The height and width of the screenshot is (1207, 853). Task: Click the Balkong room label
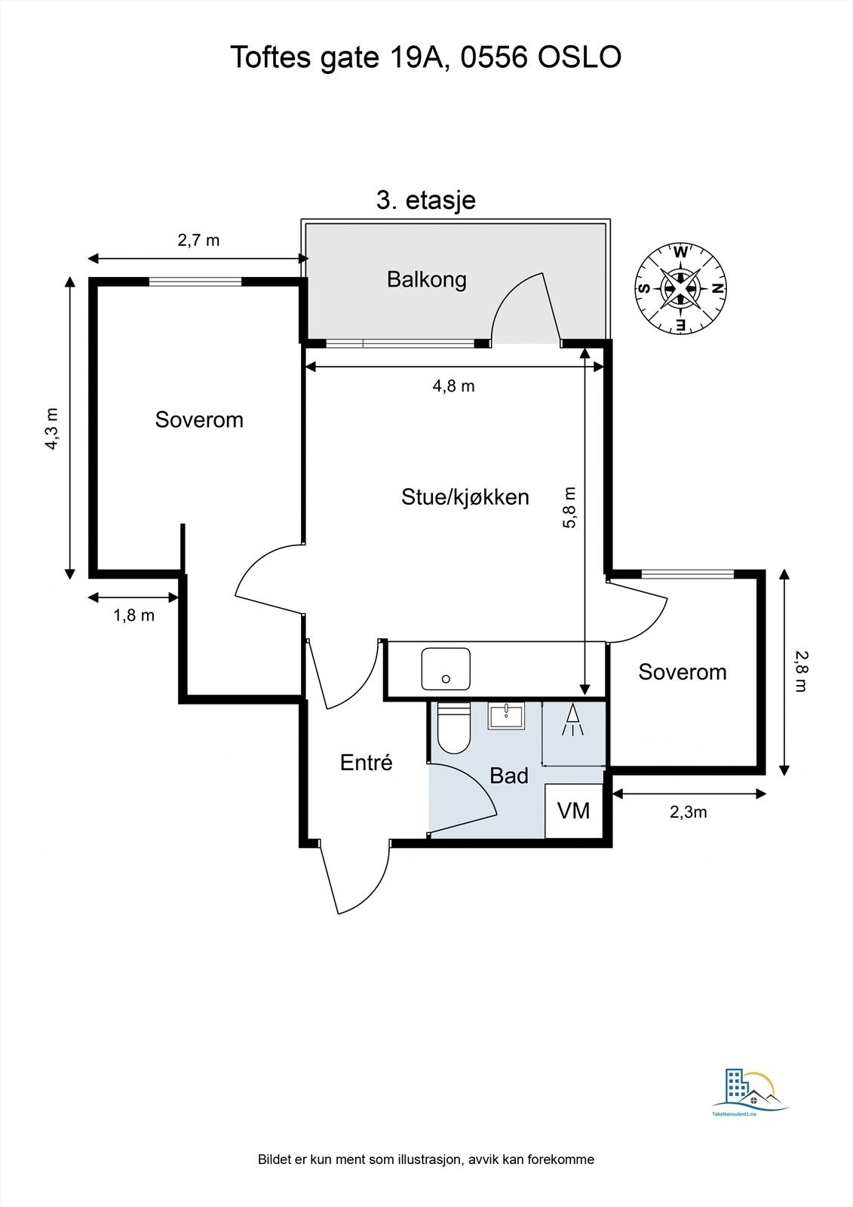[426, 279]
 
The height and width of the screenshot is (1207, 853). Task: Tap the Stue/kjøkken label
[465, 496]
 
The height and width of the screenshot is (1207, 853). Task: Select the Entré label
[366, 762]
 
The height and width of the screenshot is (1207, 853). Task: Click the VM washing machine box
[574, 811]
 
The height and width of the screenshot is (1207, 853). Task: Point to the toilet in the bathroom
[453, 728]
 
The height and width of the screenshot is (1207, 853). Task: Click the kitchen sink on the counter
[445, 668]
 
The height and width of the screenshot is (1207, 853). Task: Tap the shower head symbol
[572, 720]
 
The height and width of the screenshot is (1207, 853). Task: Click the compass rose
[680, 287]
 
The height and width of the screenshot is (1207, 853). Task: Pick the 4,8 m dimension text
[453, 386]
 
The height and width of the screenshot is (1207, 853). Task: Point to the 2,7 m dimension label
[198, 241]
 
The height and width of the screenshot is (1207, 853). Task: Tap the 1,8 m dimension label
[133, 616]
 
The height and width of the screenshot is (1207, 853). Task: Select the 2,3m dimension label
[688, 812]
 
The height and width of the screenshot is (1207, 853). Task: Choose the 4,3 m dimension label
[51, 429]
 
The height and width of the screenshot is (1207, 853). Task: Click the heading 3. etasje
[425, 201]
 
